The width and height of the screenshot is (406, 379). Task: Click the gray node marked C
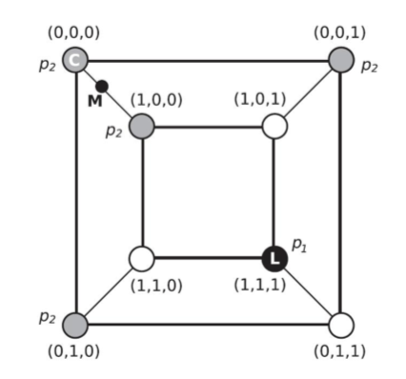tap(75, 61)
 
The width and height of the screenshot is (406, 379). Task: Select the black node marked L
tap(274, 257)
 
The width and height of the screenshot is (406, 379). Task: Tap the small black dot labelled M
tap(102, 87)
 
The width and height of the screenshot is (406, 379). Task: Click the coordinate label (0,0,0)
tap(73, 31)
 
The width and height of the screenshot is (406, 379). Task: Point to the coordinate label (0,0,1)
tap(340, 31)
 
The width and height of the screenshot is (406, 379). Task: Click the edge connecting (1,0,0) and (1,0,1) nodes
tap(208, 126)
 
